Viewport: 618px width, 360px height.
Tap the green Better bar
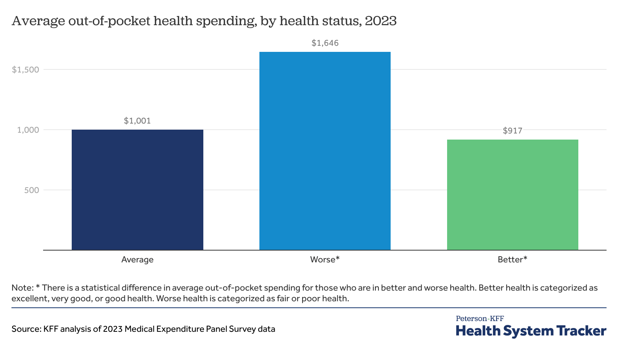(512, 195)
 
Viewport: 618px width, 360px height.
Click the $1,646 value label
(325, 43)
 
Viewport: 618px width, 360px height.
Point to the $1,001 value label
(137, 121)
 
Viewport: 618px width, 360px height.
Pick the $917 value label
(512, 131)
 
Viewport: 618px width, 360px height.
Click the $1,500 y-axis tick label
(26, 70)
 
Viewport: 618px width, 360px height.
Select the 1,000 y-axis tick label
(28, 130)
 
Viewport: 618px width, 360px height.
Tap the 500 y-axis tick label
(32, 190)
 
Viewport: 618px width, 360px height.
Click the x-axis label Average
(137, 260)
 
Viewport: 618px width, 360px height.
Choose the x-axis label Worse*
(325, 260)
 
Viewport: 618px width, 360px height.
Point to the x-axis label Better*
(512, 260)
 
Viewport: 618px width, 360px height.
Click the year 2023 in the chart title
(380, 21)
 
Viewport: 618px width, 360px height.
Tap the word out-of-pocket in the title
(109, 21)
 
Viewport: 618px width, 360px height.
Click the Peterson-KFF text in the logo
(480, 318)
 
